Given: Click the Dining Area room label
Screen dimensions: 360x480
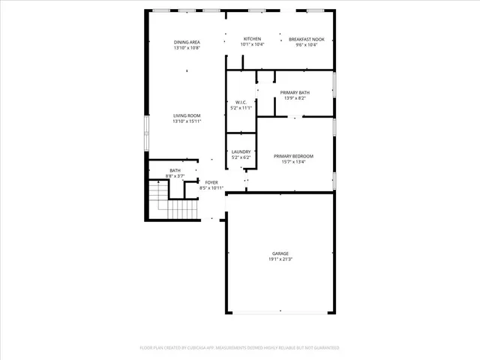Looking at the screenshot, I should pyautogui.click(x=187, y=42).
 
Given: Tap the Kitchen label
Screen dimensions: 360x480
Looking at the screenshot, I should pyautogui.click(x=252, y=39).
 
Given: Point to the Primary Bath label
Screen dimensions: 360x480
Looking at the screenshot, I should pyautogui.click(x=295, y=92).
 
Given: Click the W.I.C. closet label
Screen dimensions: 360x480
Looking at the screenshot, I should pyautogui.click(x=241, y=103).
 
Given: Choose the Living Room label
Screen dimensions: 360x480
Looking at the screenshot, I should pyautogui.click(x=187, y=115).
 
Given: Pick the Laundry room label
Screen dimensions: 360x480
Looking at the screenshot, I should pyautogui.click(x=241, y=151).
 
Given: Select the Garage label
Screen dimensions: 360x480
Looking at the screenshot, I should pyautogui.click(x=280, y=253).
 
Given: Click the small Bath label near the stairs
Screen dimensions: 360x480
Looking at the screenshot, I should pyautogui.click(x=175, y=170).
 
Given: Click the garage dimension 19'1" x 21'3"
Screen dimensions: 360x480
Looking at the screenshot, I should pyautogui.click(x=280, y=259).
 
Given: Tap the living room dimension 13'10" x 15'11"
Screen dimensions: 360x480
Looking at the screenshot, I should pyautogui.click(x=187, y=121).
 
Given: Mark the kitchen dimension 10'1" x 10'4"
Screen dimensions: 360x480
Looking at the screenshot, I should pyautogui.click(x=252, y=45).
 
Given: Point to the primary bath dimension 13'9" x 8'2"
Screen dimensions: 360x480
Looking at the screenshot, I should pyautogui.click(x=295, y=98).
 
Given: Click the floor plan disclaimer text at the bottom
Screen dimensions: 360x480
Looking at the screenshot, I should pyautogui.click(x=239, y=348).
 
